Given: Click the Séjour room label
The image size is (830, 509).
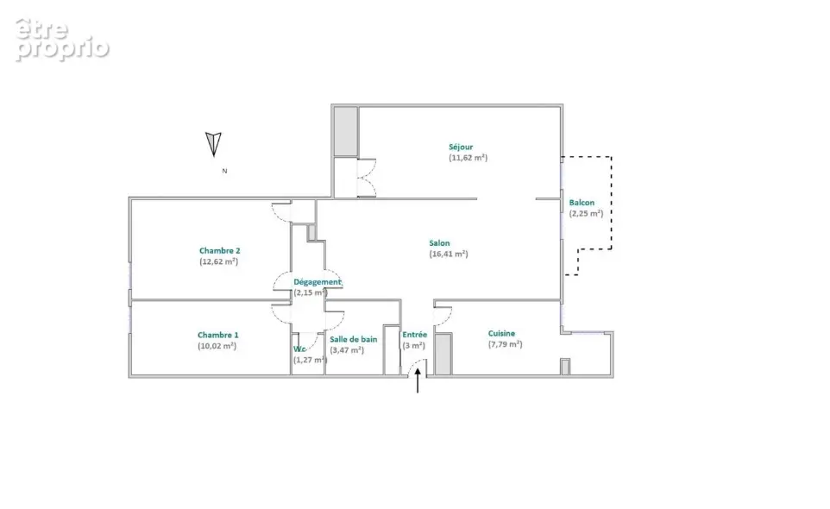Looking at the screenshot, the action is pos(461,147).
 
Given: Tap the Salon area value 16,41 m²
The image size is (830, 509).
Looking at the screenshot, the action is pos(449,254).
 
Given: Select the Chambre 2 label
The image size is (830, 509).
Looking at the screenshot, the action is pos(220,251).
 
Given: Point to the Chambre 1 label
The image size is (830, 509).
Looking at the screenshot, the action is pos(218,335).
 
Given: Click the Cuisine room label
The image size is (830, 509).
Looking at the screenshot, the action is pos(501,333).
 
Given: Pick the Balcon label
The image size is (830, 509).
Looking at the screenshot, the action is pos(582,203).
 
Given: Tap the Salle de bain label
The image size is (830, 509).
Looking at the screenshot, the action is pos(354,339).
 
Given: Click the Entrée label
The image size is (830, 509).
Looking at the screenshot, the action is pos(414,335).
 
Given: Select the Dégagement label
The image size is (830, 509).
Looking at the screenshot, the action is pos(318,282).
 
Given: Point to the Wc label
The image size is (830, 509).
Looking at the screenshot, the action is pos(299,349).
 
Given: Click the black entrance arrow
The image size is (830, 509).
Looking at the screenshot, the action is pos(418,380).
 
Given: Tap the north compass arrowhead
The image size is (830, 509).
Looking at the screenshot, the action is pos(213,144).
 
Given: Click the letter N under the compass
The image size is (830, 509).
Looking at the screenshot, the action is pos(224,171).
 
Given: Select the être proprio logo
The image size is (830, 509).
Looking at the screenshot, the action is pos(62,40).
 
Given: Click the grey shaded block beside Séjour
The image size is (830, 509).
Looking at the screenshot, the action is pos(346,132).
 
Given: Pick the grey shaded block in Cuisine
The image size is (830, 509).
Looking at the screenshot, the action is pos(443,354).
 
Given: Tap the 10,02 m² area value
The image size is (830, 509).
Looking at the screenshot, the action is pos(217,346).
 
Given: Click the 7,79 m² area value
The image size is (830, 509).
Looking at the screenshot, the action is pos(505,344).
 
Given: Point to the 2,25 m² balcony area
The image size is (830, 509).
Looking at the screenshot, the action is pos(586,214).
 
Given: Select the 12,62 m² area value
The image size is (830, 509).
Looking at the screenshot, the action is pos(218,261).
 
